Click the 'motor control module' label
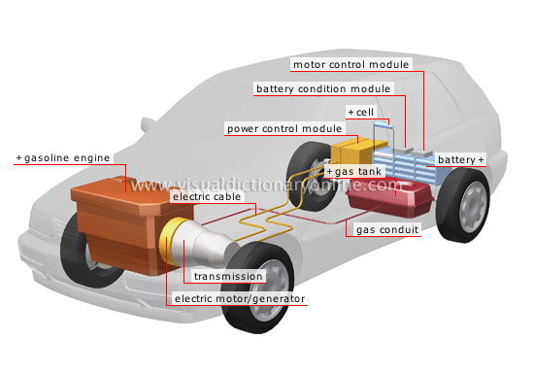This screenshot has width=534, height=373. (x=350, y=65)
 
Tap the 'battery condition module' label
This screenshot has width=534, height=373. (x=322, y=88)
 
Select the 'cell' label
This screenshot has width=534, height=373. (x=362, y=113)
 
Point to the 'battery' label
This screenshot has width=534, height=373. (x=457, y=158)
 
